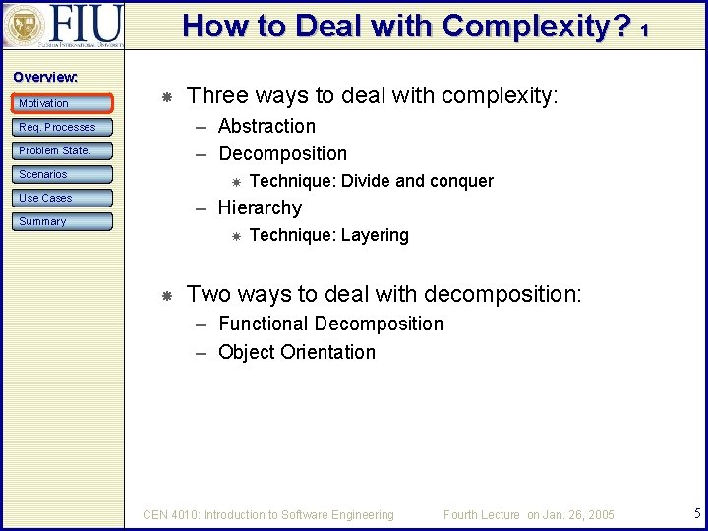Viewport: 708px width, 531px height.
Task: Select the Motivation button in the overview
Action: click(63, 103)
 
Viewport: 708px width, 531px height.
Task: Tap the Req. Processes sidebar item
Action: click(63, 127)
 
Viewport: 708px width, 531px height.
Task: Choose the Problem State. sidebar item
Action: click(63, 150)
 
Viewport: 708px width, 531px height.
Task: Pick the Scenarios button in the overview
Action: click(63, 174)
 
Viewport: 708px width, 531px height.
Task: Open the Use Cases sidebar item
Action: click(63, 198)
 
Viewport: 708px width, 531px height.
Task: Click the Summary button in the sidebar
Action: click(63, 221)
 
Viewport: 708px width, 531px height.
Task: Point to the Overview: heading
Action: click(45, 76)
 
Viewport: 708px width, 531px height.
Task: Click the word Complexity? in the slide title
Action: click(536, 26)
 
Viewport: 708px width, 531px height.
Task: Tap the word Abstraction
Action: click(266, 126)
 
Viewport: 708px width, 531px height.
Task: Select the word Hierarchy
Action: click(260, 207)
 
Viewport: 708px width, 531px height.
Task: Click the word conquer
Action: click(461, 181)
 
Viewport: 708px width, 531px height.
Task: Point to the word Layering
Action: click(375, 235)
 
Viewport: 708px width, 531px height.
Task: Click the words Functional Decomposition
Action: click(330, 324)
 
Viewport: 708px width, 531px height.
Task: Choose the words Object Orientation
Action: click(297, 352)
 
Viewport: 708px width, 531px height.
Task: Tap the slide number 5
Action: click(695, 512)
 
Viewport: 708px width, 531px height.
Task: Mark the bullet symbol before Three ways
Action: click(167, 97)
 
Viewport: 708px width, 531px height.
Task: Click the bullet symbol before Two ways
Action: click(167, 295)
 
